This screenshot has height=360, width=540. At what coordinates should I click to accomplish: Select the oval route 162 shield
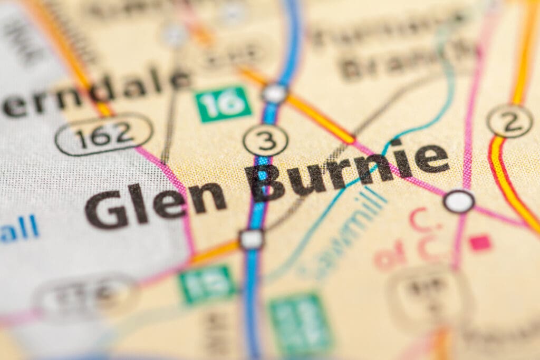pos(104,134)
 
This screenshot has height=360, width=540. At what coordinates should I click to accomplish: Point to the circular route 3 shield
pos(265,140)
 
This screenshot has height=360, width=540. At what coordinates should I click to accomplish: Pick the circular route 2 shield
pos(509,121)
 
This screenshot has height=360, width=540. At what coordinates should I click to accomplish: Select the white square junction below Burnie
pos(251,239)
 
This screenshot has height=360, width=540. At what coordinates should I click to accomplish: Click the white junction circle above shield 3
pos(275,93)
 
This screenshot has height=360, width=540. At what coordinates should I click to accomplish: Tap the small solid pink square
pos(479,243)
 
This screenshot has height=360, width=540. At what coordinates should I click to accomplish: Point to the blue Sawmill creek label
pos(343,232)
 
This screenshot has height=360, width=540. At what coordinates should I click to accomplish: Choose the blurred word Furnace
pos(380,32)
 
